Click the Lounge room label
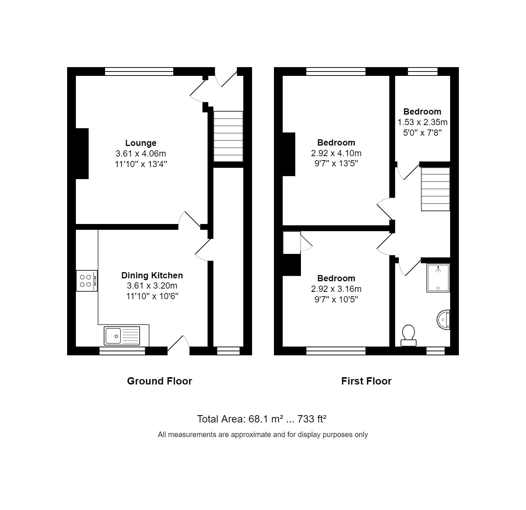tap(141, 143)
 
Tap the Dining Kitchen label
tap(152, 275)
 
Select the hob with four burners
tap(86, 281)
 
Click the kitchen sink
tap(122, 336)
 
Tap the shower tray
tap(438, 278)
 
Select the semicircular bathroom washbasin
tap(444, 320)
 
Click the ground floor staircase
tap(228, 136)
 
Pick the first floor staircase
tap(435, 189)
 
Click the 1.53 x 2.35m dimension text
tap(422, 122)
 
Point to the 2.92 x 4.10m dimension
tap(336, 153)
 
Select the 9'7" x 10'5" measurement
tap(336, 300)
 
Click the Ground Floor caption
tap(159, 381)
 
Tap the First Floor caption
tap(366, 381)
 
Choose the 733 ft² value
tap(312, 419)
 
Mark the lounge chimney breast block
tap(82, 154)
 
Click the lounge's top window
tap(139, 72)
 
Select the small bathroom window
tap(436, 351)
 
